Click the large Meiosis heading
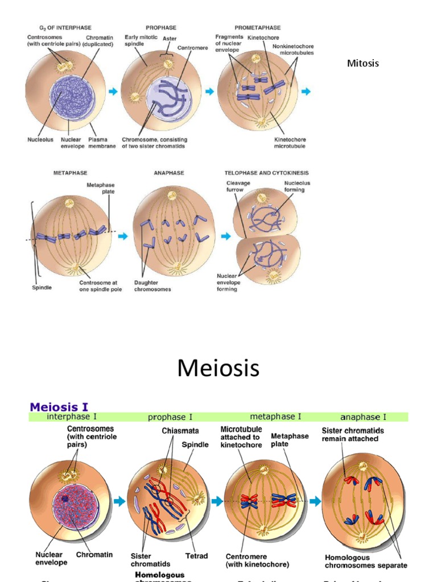point(218,368)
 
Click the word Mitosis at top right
point(362,63)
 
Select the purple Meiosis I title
point(59,406)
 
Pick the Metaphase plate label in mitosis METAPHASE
point(100,188)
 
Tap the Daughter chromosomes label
point(152,285)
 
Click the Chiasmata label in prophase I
point(176,431)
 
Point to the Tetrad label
point(196,556)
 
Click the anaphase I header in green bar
point(363,417)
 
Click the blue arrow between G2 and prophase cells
point(113,92)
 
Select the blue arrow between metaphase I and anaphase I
point(315,501)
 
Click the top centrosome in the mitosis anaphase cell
point(171,196)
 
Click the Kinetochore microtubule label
point(290,142)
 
